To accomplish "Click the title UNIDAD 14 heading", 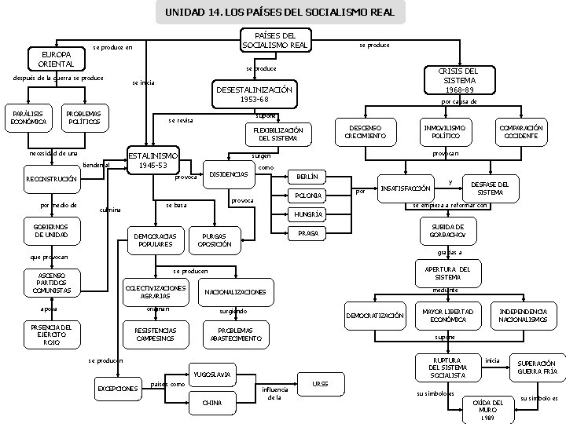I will (x=281, y=13).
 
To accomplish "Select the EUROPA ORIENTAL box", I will (x=52, y=58).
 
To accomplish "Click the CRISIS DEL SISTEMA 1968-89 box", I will (x=459, y=81).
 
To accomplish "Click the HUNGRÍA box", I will (x=303, y=214).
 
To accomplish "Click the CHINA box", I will (x=211, y=403).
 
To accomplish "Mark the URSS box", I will (x=321, y=384).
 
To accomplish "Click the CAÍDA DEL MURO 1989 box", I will (x=488, y=410).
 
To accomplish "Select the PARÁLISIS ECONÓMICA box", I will (x=28, y=117).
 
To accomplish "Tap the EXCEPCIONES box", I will (x=117, y=388).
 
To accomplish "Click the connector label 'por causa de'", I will (x=459, y=101).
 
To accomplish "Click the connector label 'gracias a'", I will (x=449, y=253).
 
